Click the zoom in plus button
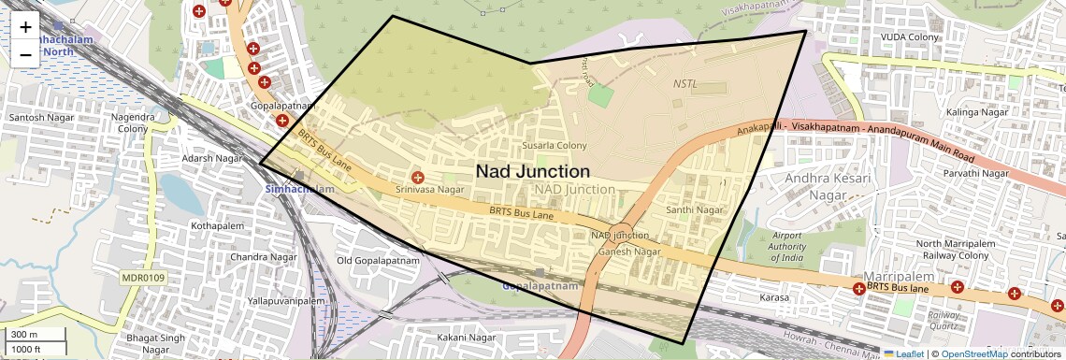25,28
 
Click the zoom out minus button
25,54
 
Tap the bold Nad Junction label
533,172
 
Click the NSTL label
685,84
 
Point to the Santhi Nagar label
695,210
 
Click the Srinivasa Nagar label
430,190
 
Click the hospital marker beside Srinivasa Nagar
418,177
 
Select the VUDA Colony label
909,36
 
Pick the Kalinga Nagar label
953,112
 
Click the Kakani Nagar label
467,338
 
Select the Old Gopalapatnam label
377,260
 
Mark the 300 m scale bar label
24,335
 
